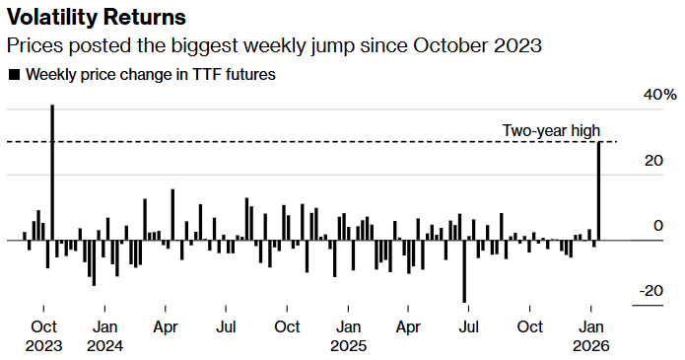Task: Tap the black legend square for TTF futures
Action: click(13, 74)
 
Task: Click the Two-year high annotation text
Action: click(551, 130)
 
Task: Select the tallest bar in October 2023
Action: click(51, 173)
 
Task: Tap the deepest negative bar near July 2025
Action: click(464, 270)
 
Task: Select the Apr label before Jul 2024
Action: click(166, 326)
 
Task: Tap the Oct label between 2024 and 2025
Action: click(287, 326)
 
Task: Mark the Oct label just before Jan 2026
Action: click(530, 326)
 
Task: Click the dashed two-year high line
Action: click(296, 142)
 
